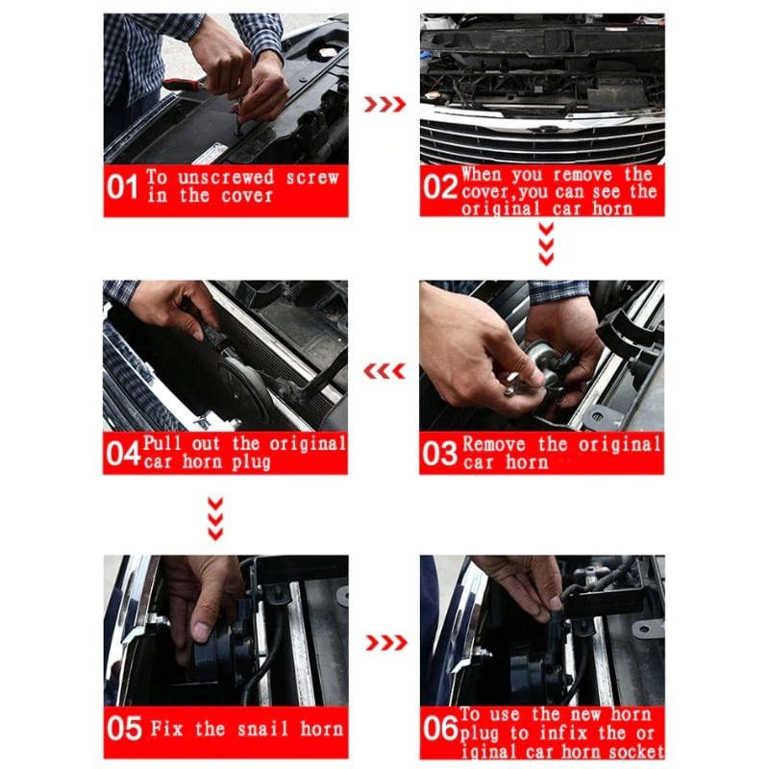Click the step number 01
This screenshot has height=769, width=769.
pos(123,186)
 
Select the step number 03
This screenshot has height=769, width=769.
pos(439,453)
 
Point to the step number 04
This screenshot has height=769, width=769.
pos(123,453)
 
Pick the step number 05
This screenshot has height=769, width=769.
pos(124,729)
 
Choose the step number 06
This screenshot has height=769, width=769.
pos(439,729)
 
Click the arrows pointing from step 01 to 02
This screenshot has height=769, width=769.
pos(384,104)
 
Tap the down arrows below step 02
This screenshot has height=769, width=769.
pos(546,244)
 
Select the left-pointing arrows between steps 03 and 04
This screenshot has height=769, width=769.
pos(384,371)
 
